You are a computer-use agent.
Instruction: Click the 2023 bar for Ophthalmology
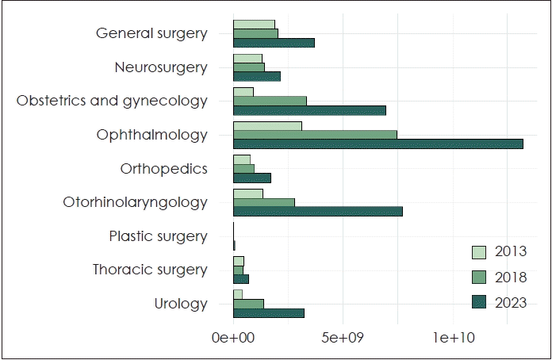pyautogui.click(x=378, y=144)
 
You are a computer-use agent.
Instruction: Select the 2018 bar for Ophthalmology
pyautogui.click(x=315, y=135)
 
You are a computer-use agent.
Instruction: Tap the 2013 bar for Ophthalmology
pyautogui.click(x=267, y=126)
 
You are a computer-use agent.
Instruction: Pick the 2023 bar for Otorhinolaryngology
pyautogui.click(x=317, y=211)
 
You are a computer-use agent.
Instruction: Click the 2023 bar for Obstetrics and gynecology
pyautogui.click(x=309, y=110)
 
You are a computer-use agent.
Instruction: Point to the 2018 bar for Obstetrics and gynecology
pyautogui.click(x=270, y=101)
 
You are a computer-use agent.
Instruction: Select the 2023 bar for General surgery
pyautogui.click(x=274, y=42)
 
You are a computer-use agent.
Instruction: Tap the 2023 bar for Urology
pyautogui.click(x=268, y=312)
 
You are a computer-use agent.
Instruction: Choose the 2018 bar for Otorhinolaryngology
pyautogui.click(x=263, y=202)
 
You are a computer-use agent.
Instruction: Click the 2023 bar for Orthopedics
pyautogui.click(x=251, y=178)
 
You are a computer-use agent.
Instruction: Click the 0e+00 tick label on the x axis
pyautogui.click(x=232, y=338)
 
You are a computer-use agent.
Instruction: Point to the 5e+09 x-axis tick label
pyautogui.click(x=343, y=338)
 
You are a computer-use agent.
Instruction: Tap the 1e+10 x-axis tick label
pyautogui.click(x=452, y=338)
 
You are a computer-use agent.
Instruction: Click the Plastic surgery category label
pyautogui.click(x=158, y=236)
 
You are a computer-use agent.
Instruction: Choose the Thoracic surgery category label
pyautogui.click(x=150, y=270)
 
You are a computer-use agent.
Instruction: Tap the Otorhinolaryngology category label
pyautogui.click(x=135, y=202)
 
